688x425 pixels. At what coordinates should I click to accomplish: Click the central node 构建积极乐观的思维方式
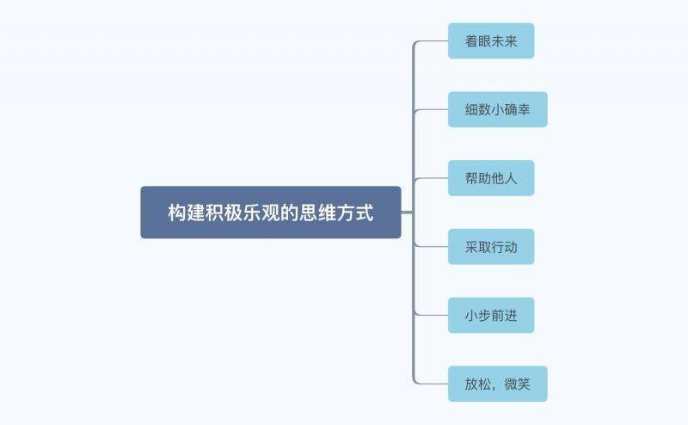coord(271,212)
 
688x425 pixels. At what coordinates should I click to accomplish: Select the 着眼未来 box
coord(491,40)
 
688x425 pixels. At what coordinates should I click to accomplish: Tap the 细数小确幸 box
coord(498,109)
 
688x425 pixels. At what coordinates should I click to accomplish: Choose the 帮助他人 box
coord(491,178)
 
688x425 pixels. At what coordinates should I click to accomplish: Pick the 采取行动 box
coord(491,247)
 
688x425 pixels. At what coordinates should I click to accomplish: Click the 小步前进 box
coord(491,315)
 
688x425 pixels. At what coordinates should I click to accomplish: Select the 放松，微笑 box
coord(498,384)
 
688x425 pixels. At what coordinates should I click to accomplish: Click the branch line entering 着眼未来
coord(431,40)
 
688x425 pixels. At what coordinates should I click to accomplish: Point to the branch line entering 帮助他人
coord(431,178)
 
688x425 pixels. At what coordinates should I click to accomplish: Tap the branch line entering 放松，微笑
coord(431,384)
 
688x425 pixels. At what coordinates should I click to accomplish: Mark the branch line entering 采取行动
coord(431,247)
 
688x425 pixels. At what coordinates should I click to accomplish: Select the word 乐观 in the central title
coord(261,212)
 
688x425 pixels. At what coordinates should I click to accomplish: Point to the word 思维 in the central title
coord(317,212)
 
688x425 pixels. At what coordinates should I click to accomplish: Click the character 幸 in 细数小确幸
coord(524,109)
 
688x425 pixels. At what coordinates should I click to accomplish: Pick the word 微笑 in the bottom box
coord(518,384)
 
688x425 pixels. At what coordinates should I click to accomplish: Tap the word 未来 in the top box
coord(504,40)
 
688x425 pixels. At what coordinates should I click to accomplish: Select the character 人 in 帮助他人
coord(511,178)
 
